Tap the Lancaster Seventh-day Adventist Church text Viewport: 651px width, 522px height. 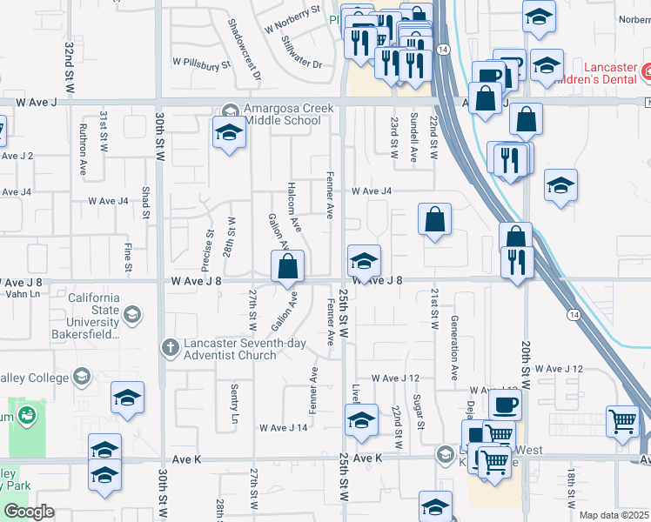point(245,349)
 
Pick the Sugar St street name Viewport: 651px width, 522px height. point(419,412)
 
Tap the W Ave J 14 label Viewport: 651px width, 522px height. point(284,428)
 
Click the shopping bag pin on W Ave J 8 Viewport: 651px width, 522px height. point(288,267)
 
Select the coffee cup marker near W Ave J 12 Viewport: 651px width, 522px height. point(505,405)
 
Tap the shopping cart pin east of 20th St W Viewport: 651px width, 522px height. point(623,421)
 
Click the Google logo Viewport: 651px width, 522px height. point(29,512)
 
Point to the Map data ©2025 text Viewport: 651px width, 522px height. point(614,515)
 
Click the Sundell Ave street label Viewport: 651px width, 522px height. point(413,137)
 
